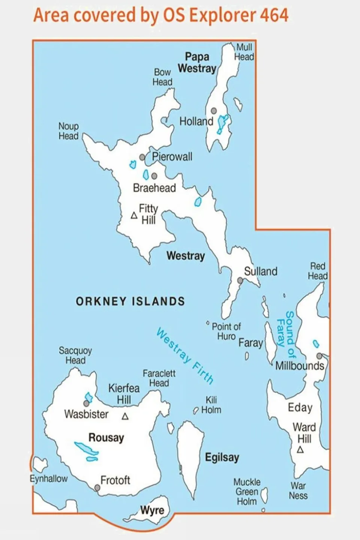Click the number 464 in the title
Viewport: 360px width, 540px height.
pyautogui.click(x=274, y=15)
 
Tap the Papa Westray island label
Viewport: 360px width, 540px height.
pyautogui.click(x=197, y=63)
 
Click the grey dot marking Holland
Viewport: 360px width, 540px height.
pyautogui.click(x=214, y=111)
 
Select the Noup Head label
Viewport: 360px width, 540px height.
pyautogui.click(x=68, y=131)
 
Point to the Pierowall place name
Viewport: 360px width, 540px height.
pyautogui.click(x=172, y=156)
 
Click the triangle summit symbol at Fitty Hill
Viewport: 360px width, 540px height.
pyautogui.click(x=134, y=215)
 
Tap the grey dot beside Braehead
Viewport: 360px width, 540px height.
pyautogui.click(x=154, y=176)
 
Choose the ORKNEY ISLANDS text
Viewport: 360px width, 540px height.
pyautogui.click(x=130, y=301)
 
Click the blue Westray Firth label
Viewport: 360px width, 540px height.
pyautogui.click(x=185, y=355)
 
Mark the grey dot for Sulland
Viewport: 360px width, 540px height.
pyautogui.click(x=240, y=280)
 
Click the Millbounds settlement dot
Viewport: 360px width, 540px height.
pyautogui.click(x=319, y=356)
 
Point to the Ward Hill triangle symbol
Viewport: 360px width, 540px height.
pyautogui.click(x=300, y=450)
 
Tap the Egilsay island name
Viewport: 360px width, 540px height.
pyautogui.click(x=222, y=457)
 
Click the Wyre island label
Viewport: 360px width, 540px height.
pyautogui.click(x=152, y=510)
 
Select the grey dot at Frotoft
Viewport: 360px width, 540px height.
pyautogui.click(x=97, y=488)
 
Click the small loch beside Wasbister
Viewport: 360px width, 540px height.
pyautogui.click(x=89, y=397)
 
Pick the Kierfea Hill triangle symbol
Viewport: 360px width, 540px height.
pyautogui.click(x=125, y=417)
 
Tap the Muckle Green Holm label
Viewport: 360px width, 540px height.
pyautogui.click(x=247, y=492)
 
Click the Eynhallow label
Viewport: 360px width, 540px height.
pyautogui.click(x=49, y=479)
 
